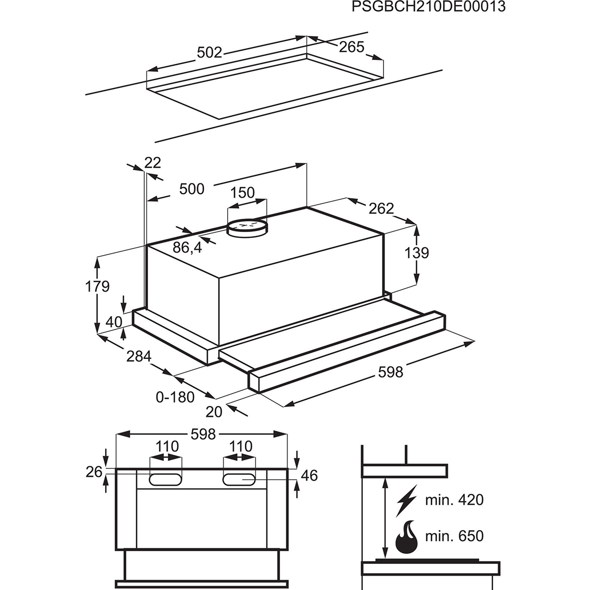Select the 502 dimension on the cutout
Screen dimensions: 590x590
coord(209,53)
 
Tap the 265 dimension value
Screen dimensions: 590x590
coord(352,47)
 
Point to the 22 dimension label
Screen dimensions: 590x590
coord(152,163)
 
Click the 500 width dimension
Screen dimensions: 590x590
coord(192,189)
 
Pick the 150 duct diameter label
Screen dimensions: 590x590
coord(243,193)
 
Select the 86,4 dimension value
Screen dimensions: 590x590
coord(187,248)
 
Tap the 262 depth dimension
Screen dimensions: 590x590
coord(382,208)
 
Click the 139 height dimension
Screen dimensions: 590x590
coord(417,253)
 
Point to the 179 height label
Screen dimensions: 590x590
coord(97,286)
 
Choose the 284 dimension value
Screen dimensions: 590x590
coord(139,356)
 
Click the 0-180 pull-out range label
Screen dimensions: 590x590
coord(175,396)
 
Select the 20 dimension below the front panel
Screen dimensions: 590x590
coord(215,411)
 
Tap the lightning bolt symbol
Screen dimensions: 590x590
coord(406,501)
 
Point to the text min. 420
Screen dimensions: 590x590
coord(454,500)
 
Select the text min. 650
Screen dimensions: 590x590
coord(454,535)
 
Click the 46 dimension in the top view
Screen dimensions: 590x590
coord(310,475)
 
